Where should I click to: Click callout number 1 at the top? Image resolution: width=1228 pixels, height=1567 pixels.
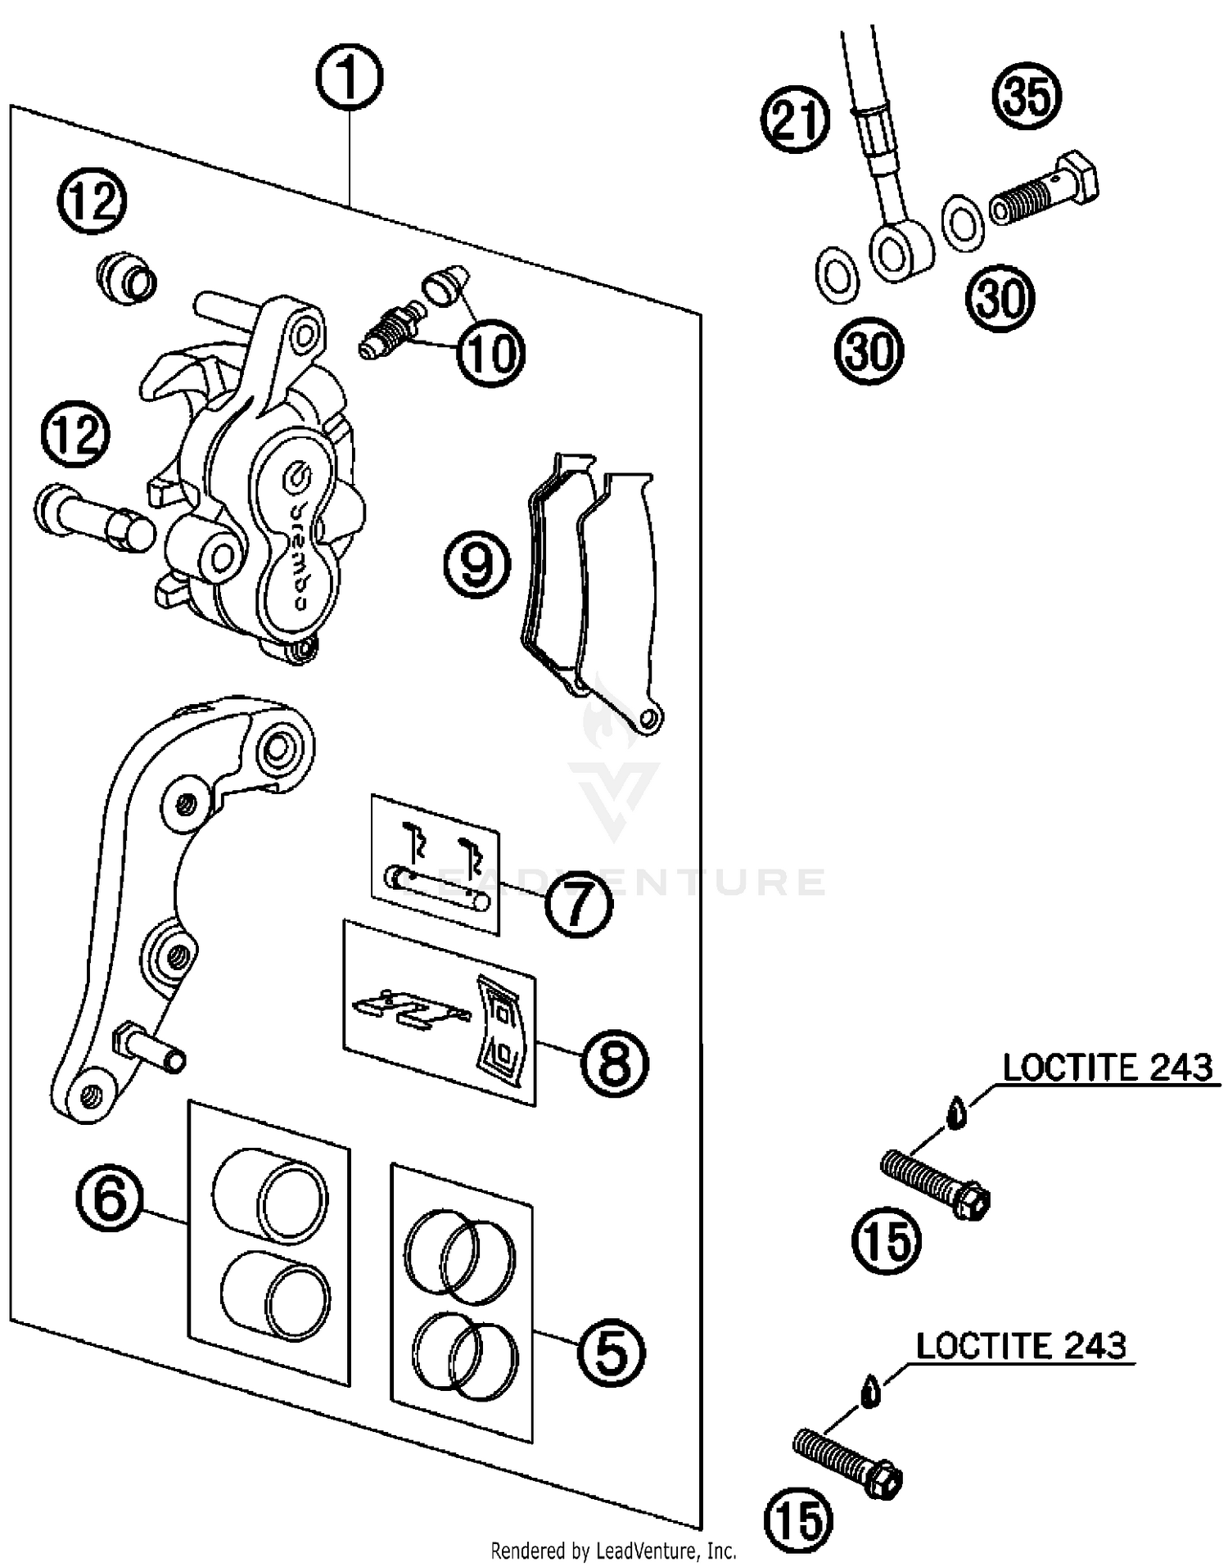point(350,79)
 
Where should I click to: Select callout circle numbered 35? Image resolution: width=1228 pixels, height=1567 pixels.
point(1027,97)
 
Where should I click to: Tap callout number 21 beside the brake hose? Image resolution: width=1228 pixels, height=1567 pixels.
point(795,120)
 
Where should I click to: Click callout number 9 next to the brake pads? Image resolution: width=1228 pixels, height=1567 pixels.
point(477,564)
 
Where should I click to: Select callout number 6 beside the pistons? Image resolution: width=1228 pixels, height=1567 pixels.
point(111,1198)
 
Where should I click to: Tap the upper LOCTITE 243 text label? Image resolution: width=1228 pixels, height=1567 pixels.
point(1107,1068)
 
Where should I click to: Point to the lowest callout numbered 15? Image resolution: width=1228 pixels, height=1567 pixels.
point(798,1519)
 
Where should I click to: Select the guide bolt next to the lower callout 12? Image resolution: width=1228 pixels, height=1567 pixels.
point(94,517)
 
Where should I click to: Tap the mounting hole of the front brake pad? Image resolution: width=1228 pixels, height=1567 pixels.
point(649,719)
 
